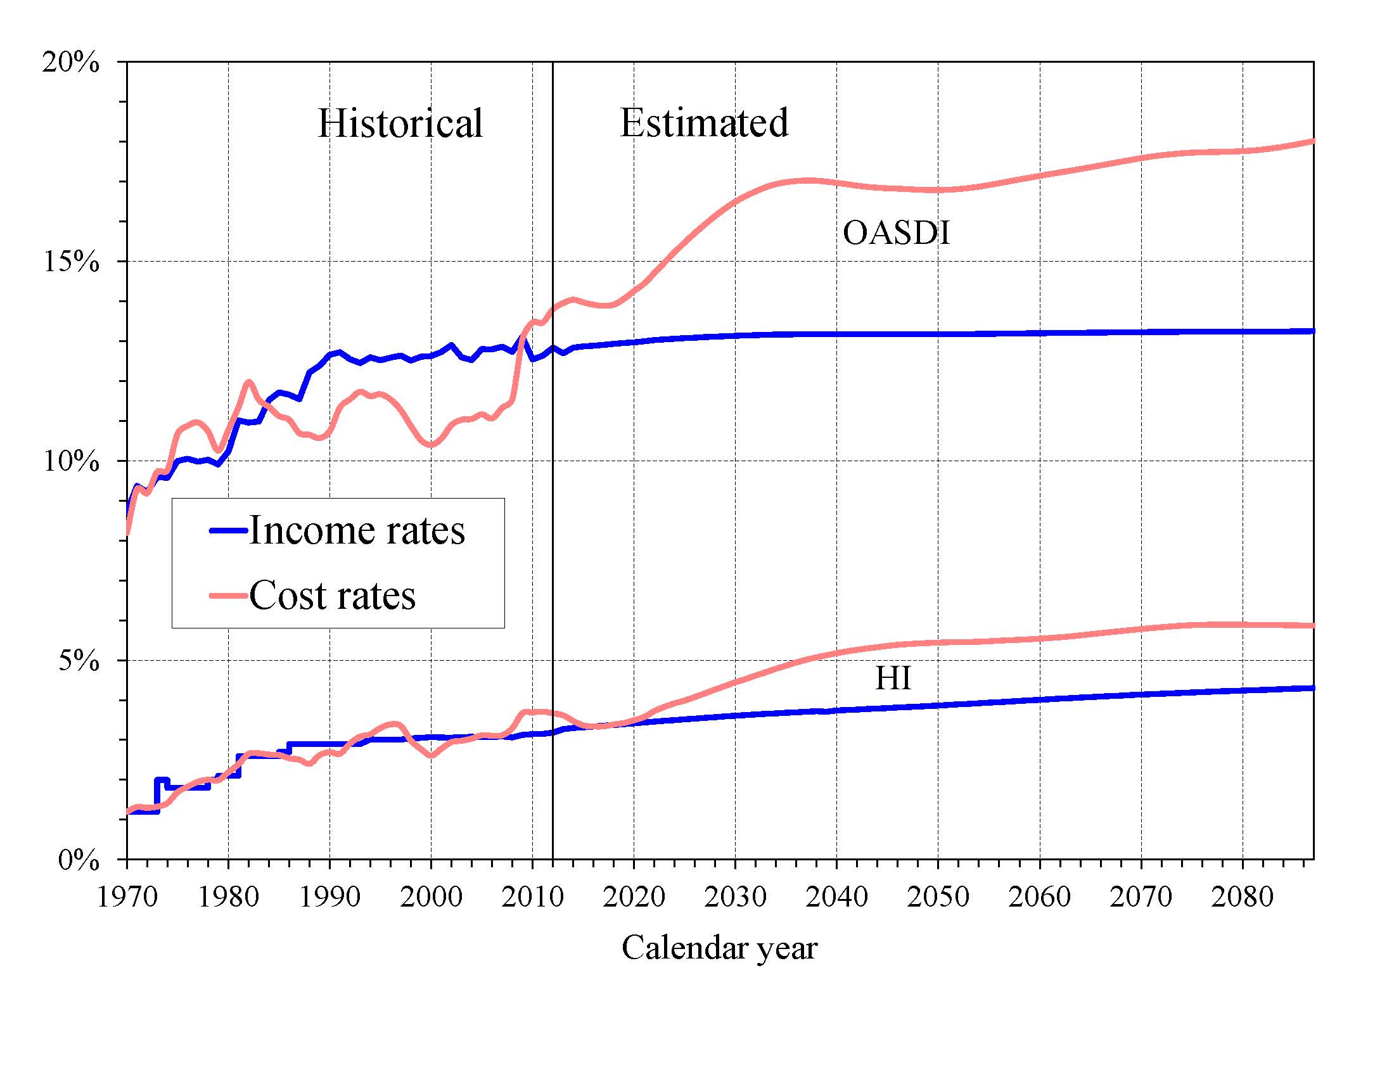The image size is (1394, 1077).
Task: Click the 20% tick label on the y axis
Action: (71, 63)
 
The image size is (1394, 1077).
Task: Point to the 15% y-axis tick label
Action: (71, 262)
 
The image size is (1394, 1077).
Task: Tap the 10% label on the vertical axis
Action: (71, 461)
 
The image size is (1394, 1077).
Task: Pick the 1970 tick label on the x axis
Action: (127, 897)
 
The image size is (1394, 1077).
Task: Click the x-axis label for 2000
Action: (431, 897)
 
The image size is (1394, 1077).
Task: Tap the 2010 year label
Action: (532, 897)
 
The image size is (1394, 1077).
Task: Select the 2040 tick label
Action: (837, 897)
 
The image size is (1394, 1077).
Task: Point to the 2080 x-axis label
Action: (1242, 897)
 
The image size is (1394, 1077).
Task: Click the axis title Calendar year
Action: (719, 948)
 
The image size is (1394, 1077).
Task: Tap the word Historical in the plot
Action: (400, 123)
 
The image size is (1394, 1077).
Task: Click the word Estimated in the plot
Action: (704, 122)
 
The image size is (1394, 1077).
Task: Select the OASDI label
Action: (896, 233)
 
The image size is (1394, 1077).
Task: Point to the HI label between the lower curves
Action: (893, 679)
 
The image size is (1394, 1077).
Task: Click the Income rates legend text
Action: (357, 530)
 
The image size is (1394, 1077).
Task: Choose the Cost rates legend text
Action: (332, 596)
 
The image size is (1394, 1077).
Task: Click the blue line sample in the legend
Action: (228, 530)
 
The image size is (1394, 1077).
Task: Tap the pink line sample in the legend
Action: (228, 596)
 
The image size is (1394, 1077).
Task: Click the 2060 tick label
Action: (1040, 897)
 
